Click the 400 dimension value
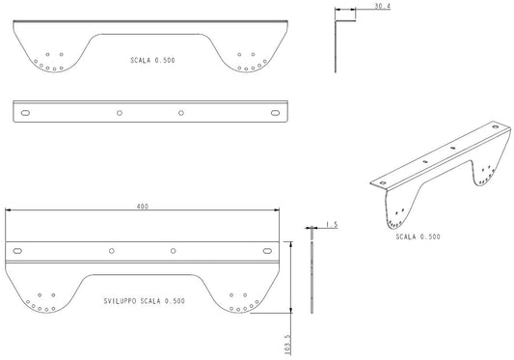pos(143,207)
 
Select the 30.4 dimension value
pos(382,6)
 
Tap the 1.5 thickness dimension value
pos(332,225)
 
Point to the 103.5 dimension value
pos(287,345)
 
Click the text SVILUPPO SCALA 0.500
pos(145,301)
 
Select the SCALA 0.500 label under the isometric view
pos(418,236)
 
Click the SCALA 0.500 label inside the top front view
pos(152,60)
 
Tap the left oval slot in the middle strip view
pos(25,113)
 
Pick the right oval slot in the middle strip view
pos(276,113)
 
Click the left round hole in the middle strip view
pos(120,113)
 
